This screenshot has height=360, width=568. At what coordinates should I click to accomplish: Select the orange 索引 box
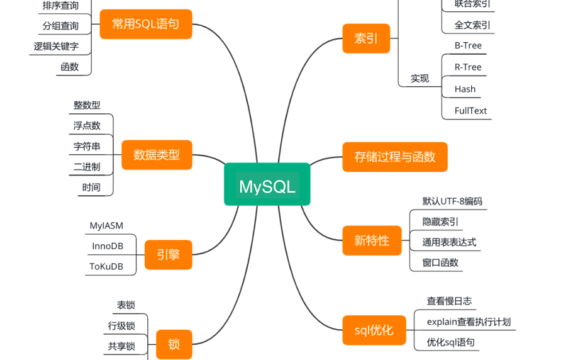click(366, 38)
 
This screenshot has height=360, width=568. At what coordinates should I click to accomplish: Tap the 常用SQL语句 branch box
click(146, 24)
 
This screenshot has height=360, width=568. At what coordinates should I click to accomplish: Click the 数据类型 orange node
click(157, 154)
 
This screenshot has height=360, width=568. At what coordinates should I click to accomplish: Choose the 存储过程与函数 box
click(394, 157)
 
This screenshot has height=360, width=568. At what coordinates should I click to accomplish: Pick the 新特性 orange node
click(372, 240)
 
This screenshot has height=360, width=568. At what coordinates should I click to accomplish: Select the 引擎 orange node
click(168, 254)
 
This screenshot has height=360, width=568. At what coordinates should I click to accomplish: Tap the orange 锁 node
click(174, 344)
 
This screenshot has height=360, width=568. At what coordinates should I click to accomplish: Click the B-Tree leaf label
click(468, 45)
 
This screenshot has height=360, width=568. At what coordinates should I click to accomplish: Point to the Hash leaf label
click(465, 89)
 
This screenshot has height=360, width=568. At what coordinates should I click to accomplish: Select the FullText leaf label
click(471, 111)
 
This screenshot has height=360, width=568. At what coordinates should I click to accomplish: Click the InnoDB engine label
click(108, 245)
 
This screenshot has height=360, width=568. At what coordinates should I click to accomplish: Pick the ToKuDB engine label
click(106, 266)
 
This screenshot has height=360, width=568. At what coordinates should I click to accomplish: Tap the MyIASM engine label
click(106, 225)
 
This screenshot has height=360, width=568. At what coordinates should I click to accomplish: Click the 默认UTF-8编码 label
click(452, 201)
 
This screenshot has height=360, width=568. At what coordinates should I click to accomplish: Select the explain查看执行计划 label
click(469, 322)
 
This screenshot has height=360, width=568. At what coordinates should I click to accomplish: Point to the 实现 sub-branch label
click(420, 78)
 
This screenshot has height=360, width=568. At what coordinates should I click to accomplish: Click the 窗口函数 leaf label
click(440, 262)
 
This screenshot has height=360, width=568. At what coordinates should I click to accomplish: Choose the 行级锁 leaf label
click(121, 325)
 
